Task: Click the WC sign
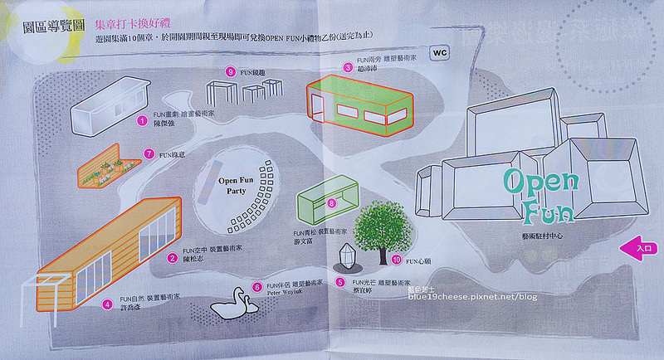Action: [440, 51]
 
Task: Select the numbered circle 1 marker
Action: [143, 121]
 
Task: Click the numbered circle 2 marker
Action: [171, 258]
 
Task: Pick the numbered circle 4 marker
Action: [107, 304]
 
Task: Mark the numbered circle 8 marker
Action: [332, 202]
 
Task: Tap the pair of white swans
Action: [232, 305]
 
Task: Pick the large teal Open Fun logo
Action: [539, 197]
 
